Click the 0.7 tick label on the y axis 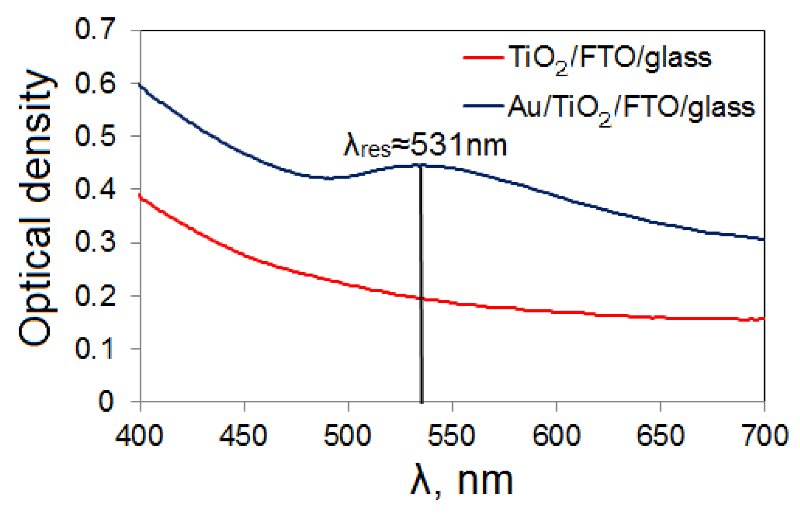point(95,30)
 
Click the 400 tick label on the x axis point(139,436)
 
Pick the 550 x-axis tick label point(452,436)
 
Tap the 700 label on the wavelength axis point(764,436)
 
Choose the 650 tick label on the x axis point(660,436)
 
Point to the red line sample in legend point(483,58)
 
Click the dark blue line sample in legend point(483,106)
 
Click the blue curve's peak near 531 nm point(420,165)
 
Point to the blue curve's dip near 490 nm point(327,178)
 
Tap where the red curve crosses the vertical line point(421,299)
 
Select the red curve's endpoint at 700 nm point(763,319)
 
